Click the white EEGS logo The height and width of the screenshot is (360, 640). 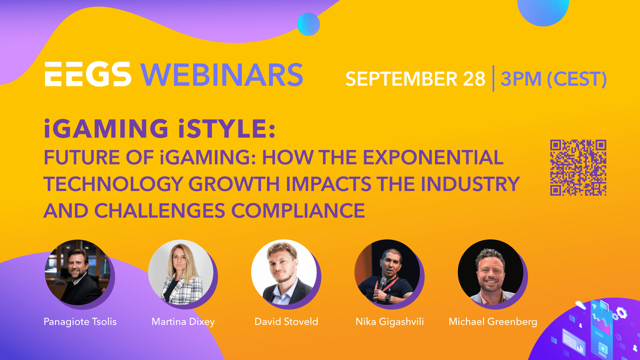click(88, 74)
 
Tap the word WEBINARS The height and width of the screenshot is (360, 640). click(222, 75)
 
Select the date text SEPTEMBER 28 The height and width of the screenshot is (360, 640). click(415, 79)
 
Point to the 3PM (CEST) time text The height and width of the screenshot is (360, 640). click(553, 79)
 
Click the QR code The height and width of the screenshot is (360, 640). click(578, 168)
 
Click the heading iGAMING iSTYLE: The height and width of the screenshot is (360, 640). click(160, 129)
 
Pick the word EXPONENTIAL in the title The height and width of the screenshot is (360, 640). click(433, 157)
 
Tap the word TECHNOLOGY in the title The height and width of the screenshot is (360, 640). click(113, 184)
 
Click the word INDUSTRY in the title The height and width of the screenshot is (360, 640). click(470, 184)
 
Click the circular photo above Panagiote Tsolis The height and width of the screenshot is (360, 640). click(78, 272)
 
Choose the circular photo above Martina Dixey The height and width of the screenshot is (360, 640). click(181, 272)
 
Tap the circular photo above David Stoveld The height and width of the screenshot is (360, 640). click(284, 272)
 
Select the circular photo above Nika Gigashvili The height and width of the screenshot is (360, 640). click(387, 272)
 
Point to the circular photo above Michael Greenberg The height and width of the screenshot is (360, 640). click(491, 272)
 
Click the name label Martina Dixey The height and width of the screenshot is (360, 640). click(183, 322)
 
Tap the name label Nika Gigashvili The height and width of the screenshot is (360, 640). click(390, 322)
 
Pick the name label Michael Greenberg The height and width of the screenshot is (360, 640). click(493, 322)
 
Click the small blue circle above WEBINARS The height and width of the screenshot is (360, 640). click(308, 24)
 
